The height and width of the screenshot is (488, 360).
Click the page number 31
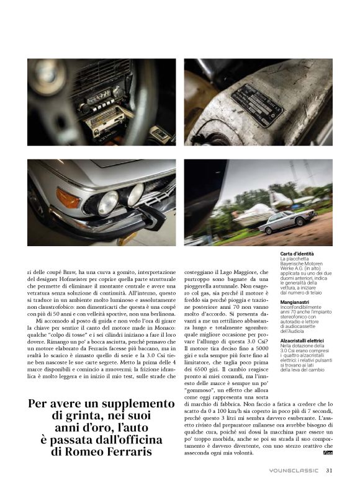330,470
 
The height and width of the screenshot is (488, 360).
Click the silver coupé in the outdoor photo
287,220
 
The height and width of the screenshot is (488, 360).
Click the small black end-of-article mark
328,453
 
